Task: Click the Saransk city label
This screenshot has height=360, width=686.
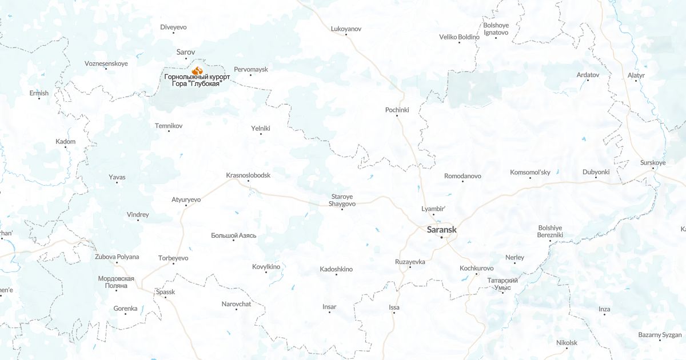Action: point(442,230)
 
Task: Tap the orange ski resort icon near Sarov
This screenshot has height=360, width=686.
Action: point(197,70)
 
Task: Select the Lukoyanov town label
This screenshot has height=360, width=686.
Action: point(346,28)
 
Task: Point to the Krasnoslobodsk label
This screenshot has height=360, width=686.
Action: point(248,175)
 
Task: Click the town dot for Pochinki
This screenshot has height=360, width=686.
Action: point(397,117)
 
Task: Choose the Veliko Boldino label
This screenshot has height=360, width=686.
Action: point(459,37)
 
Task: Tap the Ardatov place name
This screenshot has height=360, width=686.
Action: point(588,75)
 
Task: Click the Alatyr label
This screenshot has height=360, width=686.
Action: point(636,75)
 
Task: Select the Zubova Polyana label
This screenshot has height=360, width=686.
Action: point(117,257)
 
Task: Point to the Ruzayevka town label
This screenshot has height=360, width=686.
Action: point(410,261)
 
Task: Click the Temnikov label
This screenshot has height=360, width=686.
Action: point(169,125)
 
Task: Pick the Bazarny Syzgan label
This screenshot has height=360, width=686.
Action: point(660,334)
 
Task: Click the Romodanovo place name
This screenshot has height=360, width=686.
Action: point(462,176)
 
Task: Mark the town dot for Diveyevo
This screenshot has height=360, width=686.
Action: point(174,34)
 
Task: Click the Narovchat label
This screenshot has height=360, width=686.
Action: point(236,304)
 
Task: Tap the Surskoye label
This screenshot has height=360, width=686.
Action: point(653,163)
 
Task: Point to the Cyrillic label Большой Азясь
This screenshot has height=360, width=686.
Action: point(233,235)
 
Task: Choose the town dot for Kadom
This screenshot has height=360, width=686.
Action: point(65,147)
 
